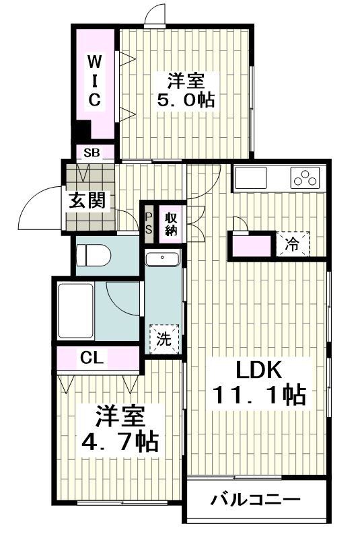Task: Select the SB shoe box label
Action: tap(92, 152)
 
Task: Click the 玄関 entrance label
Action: tap(86, 200)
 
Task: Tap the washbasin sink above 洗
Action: tap(163, 260)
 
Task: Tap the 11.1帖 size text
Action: tap(260, 395)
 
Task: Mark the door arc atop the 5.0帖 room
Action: tap(155, 13)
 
